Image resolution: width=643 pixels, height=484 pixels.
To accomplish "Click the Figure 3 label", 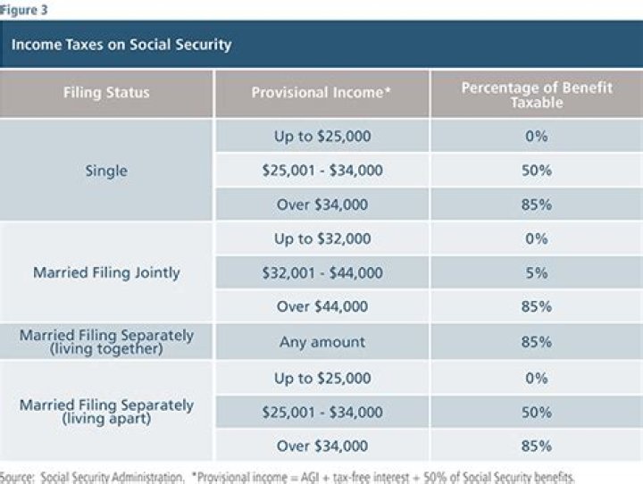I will tap(25, 11).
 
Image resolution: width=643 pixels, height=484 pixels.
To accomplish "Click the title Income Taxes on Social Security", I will tap(121, 45).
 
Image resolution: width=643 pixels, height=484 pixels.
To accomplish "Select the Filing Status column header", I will tap(106, 93).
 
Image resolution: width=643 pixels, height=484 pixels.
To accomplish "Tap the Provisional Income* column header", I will tap(321, 93).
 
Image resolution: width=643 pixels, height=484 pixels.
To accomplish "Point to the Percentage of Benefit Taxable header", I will tap(537, 93).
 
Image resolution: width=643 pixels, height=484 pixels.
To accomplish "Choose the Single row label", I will tap(106, 171).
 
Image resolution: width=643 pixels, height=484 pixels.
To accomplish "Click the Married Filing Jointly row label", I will tap(106, 272).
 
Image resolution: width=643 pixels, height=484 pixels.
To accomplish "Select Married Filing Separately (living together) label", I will tap(106, 342).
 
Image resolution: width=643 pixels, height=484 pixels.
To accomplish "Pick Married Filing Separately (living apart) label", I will tap(106, 412).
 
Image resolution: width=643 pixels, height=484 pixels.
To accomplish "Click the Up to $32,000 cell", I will tap(321, 238).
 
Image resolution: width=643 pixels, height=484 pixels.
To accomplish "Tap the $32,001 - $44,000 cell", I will tap(321, 272).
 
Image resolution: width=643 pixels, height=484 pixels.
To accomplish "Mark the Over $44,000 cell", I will tap(321, 306).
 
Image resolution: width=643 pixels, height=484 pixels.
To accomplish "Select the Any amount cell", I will tap(321, 342).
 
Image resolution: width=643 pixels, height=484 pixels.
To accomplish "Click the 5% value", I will tap(537, 272).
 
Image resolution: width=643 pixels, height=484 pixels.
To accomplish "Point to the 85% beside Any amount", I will tap(537, 342).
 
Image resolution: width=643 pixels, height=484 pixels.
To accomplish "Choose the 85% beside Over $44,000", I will tap(537, 306).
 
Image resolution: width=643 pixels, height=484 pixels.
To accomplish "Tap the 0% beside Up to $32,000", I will tap(537, 238).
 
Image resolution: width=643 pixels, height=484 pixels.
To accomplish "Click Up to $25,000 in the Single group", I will tap(321, 137).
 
